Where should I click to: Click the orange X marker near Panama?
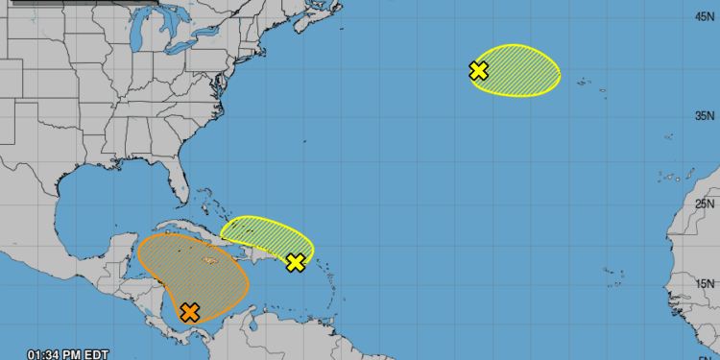[x=190, y=311]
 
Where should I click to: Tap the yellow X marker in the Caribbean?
[x=296, y=262]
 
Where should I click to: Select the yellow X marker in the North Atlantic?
[x=478, y=70]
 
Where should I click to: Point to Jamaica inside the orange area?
[x=209, y=260]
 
